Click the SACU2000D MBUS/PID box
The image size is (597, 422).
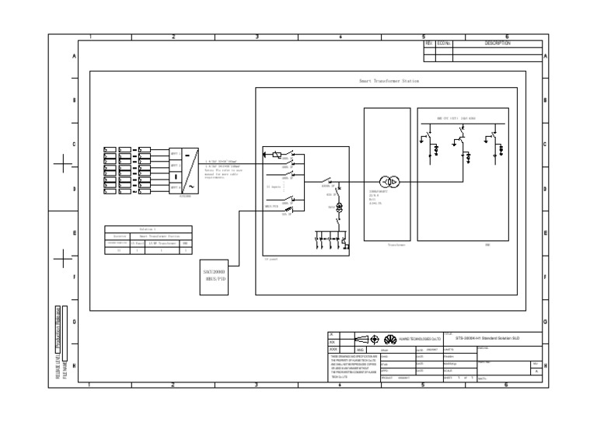215,274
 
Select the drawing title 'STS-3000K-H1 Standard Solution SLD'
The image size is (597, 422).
487,339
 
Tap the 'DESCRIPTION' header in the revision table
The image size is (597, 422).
497,44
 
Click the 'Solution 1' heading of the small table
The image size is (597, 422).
148,229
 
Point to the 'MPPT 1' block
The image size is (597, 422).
175,154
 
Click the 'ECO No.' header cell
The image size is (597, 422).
444,44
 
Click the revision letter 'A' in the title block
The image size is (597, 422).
534,371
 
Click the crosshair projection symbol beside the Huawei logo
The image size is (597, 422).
374,340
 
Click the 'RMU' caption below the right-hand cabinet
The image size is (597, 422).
487,244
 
